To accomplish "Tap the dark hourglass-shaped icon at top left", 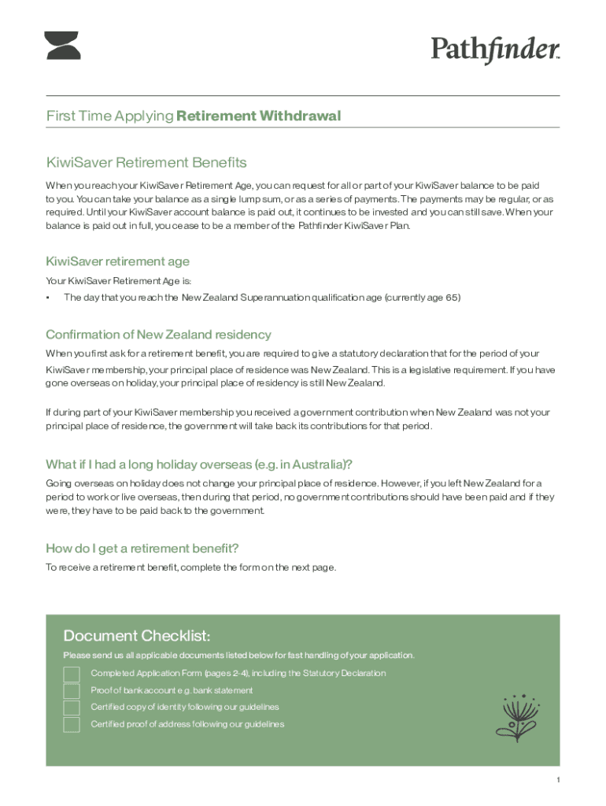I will (x=63, y=46).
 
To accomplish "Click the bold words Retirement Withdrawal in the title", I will (x=259, y=116).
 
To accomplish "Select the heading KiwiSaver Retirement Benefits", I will (x=146, y=163).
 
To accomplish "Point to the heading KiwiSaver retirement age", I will (x=117, y=261).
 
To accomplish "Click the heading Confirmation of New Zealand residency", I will (x=158, y=335).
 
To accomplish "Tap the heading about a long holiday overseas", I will (x=199, y=464).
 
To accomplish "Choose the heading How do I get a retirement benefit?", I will (x=142, y=548).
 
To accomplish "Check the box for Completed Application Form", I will (x=72, y=674).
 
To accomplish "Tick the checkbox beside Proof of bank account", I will (x=72, y=691).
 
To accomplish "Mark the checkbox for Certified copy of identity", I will (x=72, y=708).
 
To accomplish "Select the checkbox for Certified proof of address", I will (x=72, y=725).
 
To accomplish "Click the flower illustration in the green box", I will (x=516, y=717).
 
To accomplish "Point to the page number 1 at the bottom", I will (x=557, y=780).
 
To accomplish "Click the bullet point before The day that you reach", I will (x=48, y=298).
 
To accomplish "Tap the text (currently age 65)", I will (x=423, y=298).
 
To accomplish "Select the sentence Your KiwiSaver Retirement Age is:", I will (x=119, y=281).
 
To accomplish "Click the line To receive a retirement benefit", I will (x=191, y=567).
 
